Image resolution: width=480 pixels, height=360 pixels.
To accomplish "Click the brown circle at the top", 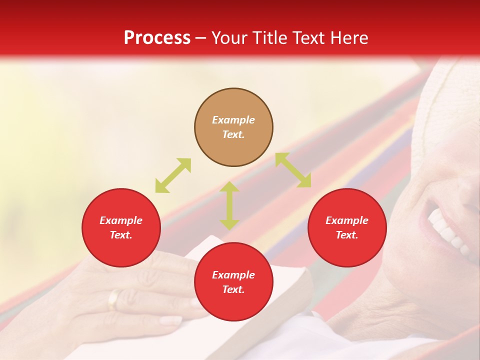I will click(233, 127).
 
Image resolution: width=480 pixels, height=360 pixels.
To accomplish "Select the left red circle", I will click(121, 227).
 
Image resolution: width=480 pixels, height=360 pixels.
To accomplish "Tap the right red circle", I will click(347, 227).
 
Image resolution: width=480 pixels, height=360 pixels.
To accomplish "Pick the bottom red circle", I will click(233, 282).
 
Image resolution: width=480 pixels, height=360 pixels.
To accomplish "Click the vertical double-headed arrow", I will click(229, 205).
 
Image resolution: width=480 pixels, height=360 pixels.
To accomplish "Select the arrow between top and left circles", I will click(173, 175).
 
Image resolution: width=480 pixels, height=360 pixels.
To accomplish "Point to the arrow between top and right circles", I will click(293, 170).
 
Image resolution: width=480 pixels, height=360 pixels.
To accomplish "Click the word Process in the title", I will click(157, 37).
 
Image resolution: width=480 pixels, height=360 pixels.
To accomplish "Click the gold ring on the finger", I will click(114, 299).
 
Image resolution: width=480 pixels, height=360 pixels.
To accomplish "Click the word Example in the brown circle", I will click(233, 120).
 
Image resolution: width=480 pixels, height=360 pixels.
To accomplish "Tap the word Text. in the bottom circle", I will click(233, 289).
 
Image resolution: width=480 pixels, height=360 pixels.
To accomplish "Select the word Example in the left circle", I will click(121, 220).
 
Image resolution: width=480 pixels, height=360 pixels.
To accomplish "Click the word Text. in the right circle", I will click(347, 235).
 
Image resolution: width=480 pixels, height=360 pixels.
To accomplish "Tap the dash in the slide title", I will click(201, 37).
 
